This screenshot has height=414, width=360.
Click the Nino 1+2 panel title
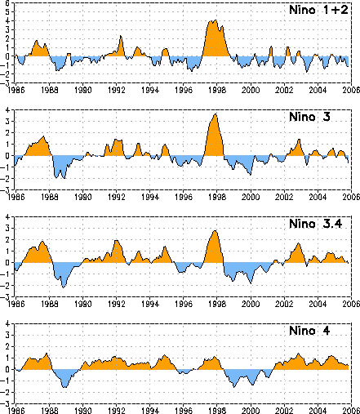pyautogui.click(x=318, y=10)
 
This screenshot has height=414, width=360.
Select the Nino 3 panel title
pyautogui.click(x=309, y=117)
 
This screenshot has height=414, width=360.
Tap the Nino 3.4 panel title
pyautogui.click(x=316, y=224)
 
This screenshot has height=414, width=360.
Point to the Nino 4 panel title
pyautogui.click(x=309, y=331)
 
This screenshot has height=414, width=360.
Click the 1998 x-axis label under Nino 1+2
pyautogui.click(x=217, y=90)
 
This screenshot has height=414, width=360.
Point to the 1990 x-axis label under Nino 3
pyautogui.click(x=82, y=197)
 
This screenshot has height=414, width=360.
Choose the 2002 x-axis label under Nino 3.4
pyautogui.click(x=284, y=304)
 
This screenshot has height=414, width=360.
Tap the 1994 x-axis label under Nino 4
pyautogui.click(x=150, y=411)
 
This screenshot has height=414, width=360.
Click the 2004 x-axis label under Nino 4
pyautogui.click(x=318, y=411)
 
